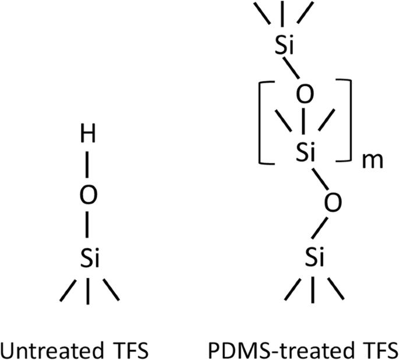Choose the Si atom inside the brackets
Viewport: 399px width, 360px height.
[304, 153]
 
